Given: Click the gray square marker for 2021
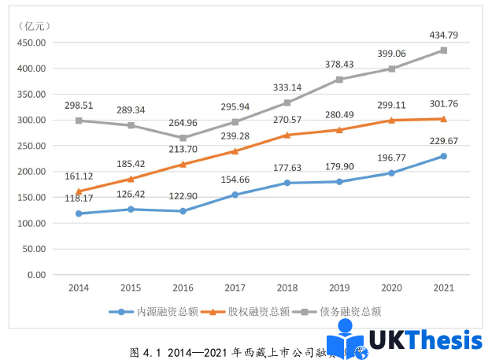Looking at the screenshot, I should pyautogui.click(x=444, y=50).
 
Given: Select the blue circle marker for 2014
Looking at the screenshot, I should pyautogui.click(x=79, y=213).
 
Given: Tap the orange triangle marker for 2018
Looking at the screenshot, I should pyautogui.click(x=287, y=135).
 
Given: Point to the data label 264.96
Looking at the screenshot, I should pyautogui.click(x=183, y=122).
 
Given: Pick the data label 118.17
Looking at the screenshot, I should pyautogui.click(x=80, y=198).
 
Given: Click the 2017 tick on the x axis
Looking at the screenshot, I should pyautogui.click(x=235, y=288).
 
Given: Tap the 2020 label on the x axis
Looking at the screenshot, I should pyautogui.click(x=391, y=288).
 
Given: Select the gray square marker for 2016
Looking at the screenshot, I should pyautogui.click(x=183, y=138).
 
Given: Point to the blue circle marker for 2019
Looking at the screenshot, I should pyautogui.click(x=339, y=182).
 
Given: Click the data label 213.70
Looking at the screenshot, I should pyautogui.click(x=183, y=149).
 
